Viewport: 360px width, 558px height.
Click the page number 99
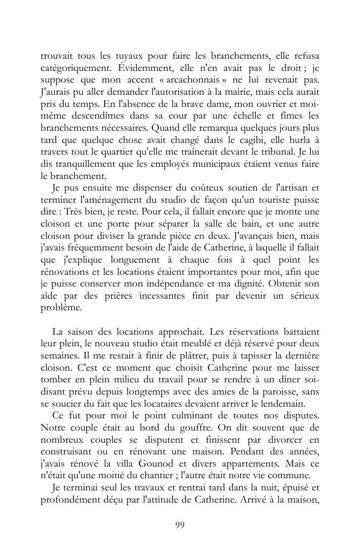[179, 525]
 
